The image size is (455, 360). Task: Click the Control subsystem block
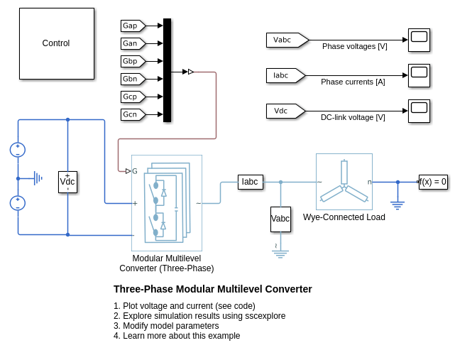[x=56, y=43]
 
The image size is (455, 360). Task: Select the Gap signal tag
[x=131, y=26]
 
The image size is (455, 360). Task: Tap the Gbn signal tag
[x=131, y=79]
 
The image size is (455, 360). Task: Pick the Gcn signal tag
[x=131, y=114]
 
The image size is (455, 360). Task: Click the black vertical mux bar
[x=167, y=70]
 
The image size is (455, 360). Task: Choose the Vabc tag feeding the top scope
[x=285, y=40]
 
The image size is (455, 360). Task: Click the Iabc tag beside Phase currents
[x=284, y=75]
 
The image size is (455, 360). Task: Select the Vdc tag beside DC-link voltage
[x=284, y=111]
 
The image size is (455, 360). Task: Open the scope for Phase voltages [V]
[x=419, y=40]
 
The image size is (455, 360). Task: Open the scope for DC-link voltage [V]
[x=419, y=111]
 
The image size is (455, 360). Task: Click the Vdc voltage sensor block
[x=67, y=182]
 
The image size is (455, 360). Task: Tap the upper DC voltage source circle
[x=18, y=150]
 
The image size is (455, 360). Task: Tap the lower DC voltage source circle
[x=18, y=203]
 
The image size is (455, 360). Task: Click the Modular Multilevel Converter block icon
[x=167, y=202]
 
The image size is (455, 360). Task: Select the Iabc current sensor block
[x=250, y=182]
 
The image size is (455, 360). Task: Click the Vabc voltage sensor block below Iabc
[x=280, y=219]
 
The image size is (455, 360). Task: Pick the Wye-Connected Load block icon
[x=344, y=182]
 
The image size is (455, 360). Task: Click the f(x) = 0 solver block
[x=433, y=182]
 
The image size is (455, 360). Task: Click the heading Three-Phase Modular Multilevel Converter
[x=213, y=289]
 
